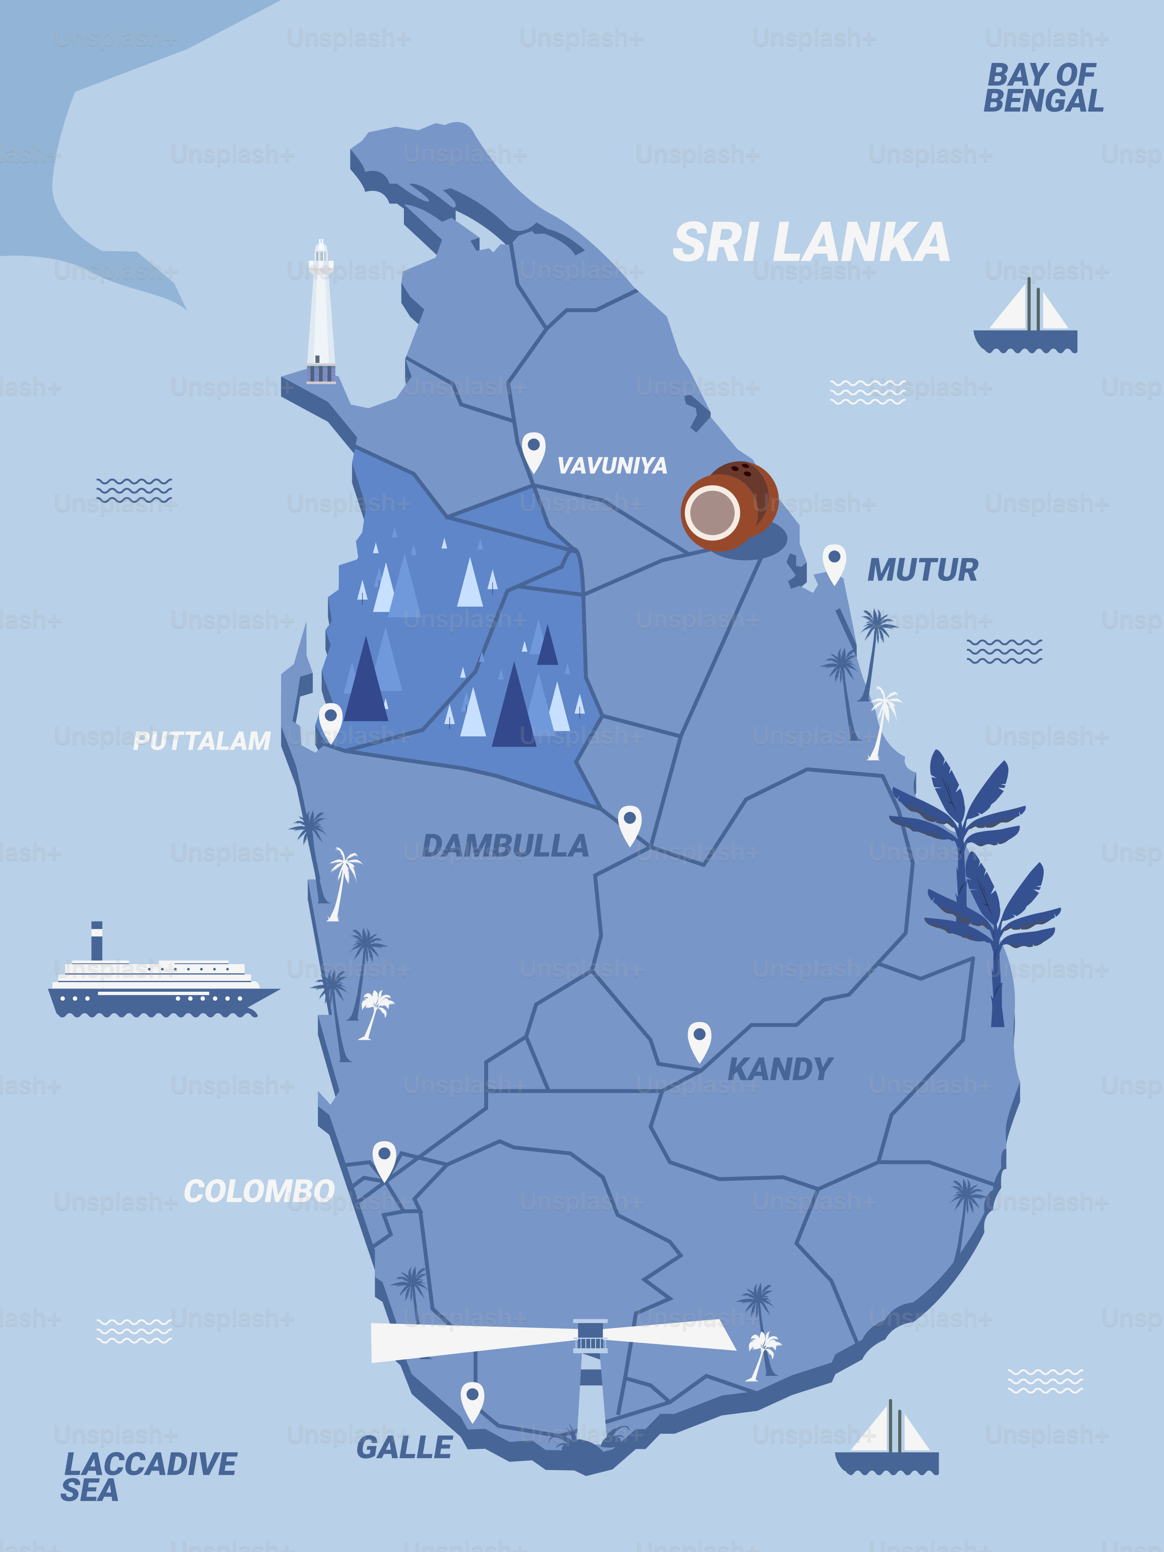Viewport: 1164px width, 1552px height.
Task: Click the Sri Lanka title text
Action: click(811, 243)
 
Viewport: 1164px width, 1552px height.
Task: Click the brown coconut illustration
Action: click(728, 505)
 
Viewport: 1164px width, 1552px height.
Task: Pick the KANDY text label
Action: click(779, 1069)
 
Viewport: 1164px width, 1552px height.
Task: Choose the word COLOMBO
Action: click(259, 1191)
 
